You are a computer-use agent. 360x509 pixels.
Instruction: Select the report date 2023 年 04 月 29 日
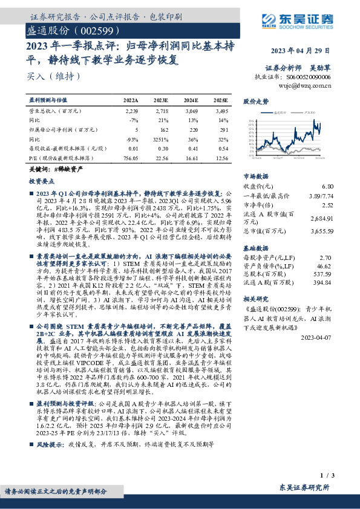pos(301,50)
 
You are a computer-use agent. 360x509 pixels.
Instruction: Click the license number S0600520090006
pos(309,77)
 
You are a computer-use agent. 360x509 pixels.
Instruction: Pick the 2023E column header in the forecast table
pos(162,99)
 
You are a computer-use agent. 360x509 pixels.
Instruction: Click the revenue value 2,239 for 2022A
pos(132,112)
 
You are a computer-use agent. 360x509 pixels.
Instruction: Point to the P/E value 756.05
pos(131,157)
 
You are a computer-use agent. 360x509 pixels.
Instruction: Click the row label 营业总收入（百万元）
pos(55,112)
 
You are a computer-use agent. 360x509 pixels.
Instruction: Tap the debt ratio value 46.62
pos(325,266)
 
